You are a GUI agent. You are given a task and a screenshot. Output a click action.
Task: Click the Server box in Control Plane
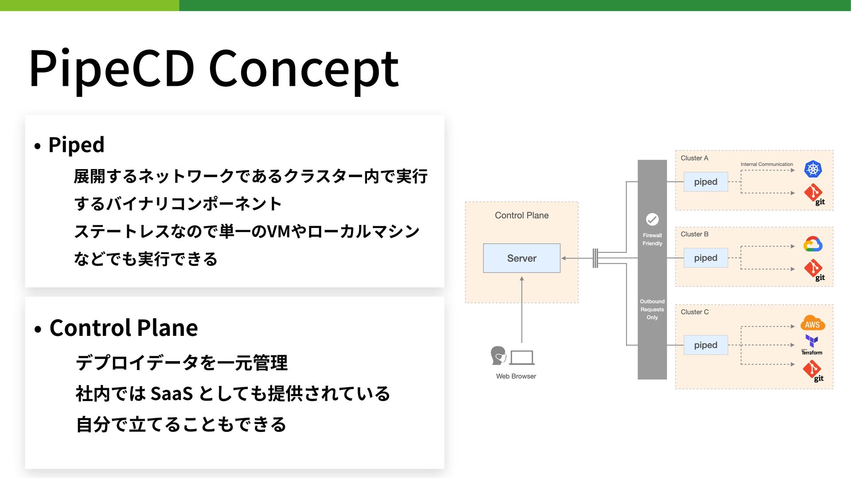click(522, 258)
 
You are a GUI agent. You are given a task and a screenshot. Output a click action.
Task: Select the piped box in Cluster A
click(706, 182)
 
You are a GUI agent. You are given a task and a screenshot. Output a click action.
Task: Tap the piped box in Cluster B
click(706, 258)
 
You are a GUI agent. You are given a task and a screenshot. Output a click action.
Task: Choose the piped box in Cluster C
click(706, 345)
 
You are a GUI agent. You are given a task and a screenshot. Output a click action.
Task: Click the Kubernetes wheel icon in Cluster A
click(813, 169)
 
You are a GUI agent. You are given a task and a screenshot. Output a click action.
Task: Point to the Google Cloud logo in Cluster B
click(813, 244)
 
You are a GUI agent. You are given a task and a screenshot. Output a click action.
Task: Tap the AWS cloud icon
click(812, 324)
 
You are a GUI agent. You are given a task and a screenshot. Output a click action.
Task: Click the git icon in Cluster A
click(815, 195)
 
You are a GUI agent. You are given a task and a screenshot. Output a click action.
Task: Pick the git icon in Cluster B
click(815, 270)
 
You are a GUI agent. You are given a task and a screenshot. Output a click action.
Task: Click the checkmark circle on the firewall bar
click(652, 219)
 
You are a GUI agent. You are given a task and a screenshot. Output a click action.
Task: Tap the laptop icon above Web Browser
click(522, 358)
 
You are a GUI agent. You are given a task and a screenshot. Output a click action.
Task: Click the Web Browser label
click(516, 376)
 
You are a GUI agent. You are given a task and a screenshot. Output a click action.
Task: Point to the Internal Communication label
click(767, 164)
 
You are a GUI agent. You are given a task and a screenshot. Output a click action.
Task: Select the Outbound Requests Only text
click(652, 309)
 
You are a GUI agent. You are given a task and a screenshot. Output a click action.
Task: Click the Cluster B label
click(695, 234)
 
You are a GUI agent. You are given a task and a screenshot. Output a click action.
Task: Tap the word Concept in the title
click(304, 69)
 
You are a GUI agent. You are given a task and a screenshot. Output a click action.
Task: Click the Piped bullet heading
click(76, 145)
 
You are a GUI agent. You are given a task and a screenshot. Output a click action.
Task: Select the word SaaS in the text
click(172, 393)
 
